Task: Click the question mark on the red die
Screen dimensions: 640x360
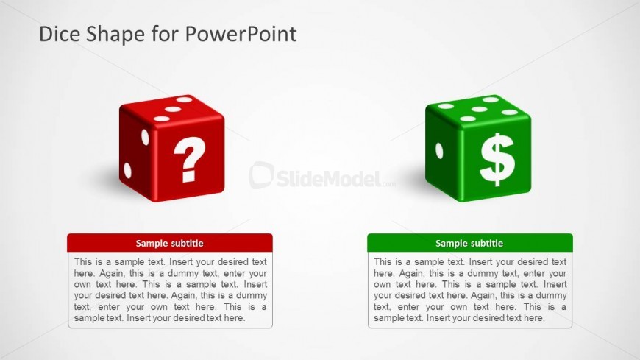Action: tap(189, 158)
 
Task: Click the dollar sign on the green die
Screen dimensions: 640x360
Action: tap(497, 159)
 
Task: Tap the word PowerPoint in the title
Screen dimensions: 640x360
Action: tap(241, 34)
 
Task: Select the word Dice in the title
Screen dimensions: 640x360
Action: tap(60, 34)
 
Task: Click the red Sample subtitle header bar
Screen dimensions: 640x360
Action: tap(170, 243)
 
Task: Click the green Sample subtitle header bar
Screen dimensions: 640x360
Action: tap(470, 243)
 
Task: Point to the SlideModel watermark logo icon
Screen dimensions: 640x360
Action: tap(261, 175)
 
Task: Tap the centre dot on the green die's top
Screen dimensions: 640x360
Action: tap(479, 109)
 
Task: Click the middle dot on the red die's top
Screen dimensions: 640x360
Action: tap(173, 109)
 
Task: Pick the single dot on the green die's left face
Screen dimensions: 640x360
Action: tap(439, 150)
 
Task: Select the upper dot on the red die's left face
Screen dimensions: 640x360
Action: tap(145, 137)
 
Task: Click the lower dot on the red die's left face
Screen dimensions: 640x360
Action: tap(128, 170)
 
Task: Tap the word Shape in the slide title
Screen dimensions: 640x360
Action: tap(115, 35)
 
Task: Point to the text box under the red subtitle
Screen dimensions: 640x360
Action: tap(170, 290)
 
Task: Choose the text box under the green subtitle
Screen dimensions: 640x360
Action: tap(470, 290)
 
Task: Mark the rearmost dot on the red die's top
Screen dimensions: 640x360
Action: tap(184, 99)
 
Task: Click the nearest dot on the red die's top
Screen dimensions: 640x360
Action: tap(162, 119)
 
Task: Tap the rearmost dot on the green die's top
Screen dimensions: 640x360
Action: tap(491, 99)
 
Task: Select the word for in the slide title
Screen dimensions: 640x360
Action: tap(165, 34)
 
